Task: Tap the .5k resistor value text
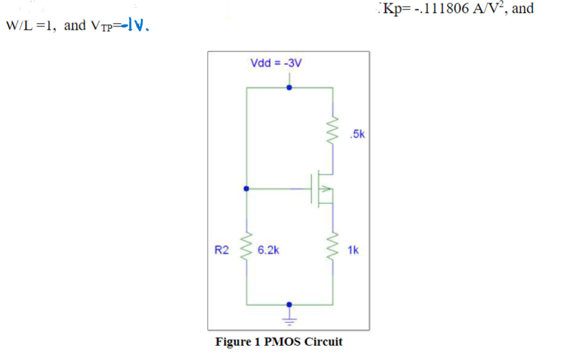pos(358,134)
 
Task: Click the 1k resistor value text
pos(353,250)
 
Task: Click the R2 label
pos(222,250)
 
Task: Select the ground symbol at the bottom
pos(290,315)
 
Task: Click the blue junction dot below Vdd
pos(290,87)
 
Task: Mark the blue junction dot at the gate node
pos(246,189)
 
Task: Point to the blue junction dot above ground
pos(290,305)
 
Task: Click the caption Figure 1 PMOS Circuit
pos(278,341)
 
